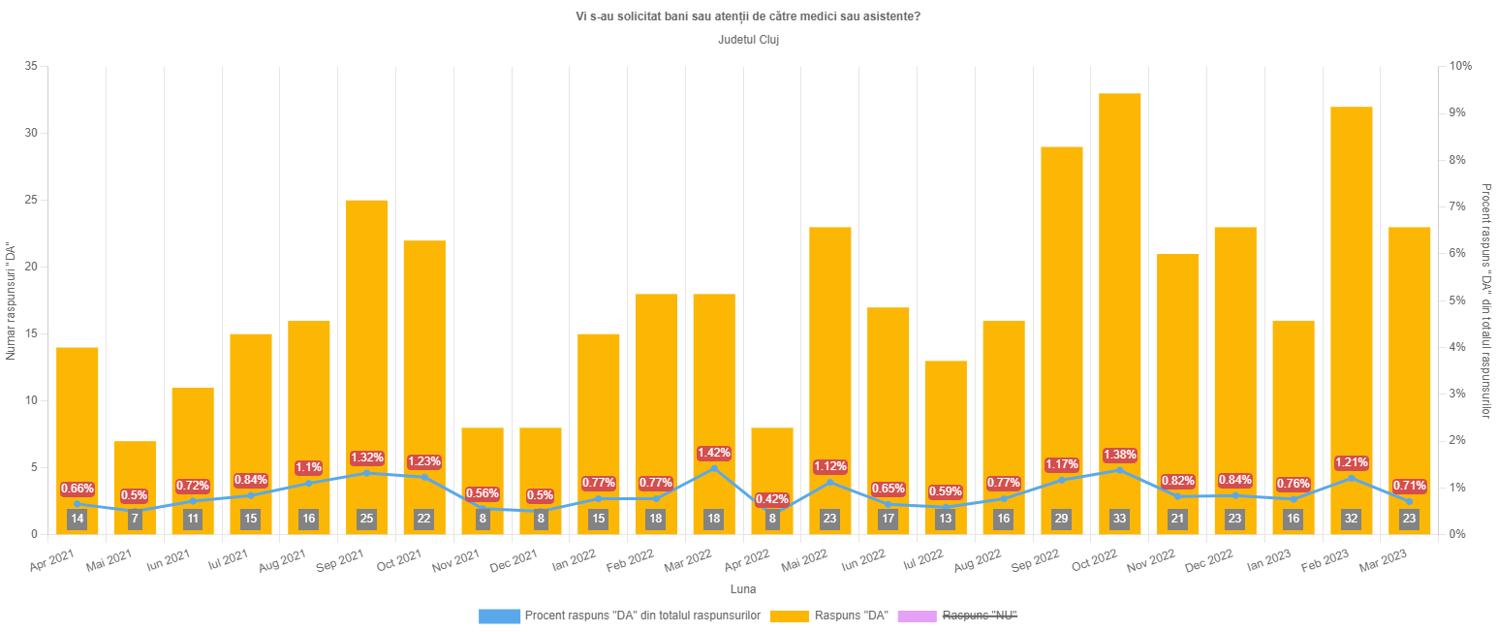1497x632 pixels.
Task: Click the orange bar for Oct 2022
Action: click(1119, 291)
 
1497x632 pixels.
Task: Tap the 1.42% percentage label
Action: click(714, 453)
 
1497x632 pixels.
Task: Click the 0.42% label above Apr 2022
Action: click(772, 499)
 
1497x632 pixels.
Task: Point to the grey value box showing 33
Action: click(1119, 520)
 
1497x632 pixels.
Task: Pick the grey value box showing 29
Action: click(1061, 520)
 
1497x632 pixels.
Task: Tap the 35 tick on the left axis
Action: click(31, 66)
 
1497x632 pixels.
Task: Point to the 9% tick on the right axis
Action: click(1459, 112)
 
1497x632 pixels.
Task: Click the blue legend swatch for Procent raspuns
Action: click(499, 616)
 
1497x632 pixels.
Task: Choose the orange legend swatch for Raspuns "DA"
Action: click(788, 616)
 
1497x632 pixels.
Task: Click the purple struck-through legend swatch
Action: click(917, 616)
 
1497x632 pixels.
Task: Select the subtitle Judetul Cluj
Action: click(748, 41)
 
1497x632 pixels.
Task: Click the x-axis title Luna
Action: click(743, 589)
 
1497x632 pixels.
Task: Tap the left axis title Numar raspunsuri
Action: click(11, 300)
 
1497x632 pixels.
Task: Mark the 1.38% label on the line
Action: click(1119, 455)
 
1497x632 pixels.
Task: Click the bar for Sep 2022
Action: click(1061, 320)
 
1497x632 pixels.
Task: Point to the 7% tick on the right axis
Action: click(1459, 206)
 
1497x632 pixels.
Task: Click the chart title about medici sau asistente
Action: click(748, 16)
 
